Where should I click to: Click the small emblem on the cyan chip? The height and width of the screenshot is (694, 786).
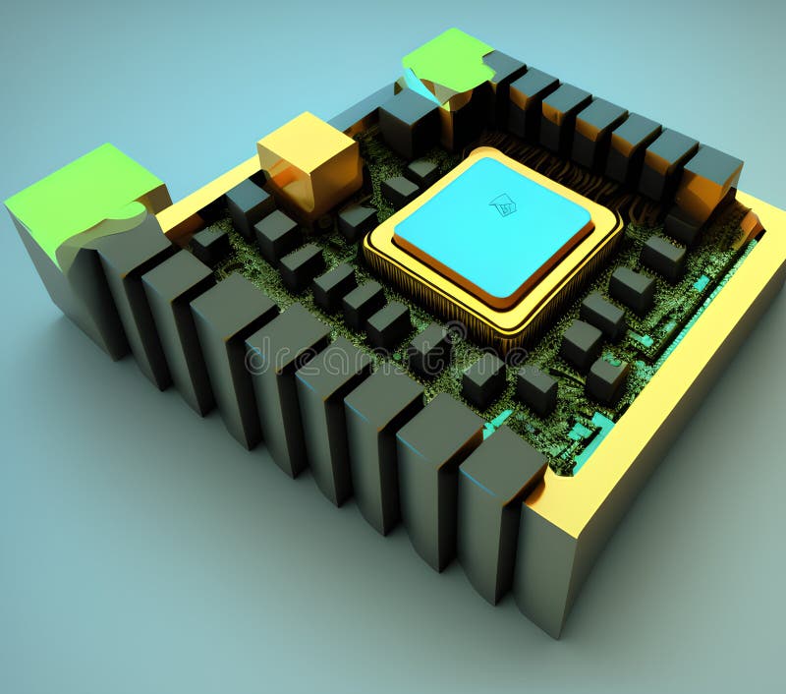pos(503,204)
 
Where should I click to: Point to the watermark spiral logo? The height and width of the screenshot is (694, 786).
pos(454,335)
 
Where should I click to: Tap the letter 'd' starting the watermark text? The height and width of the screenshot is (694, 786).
pos(257,356)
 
